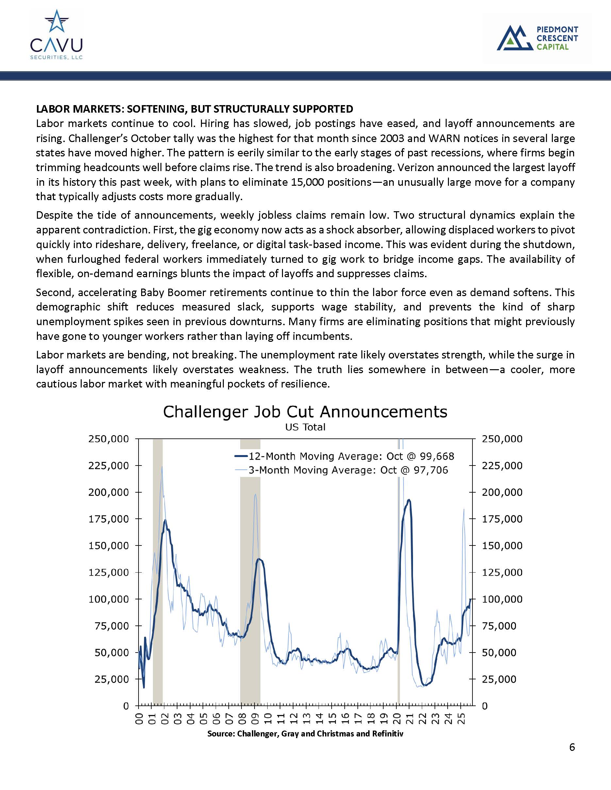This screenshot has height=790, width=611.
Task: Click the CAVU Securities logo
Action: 57,35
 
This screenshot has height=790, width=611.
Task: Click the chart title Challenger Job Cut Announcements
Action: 305,412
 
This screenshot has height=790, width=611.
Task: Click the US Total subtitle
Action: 305,427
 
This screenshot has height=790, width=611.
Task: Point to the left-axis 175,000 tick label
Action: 108,519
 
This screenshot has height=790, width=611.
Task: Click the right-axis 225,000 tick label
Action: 502,466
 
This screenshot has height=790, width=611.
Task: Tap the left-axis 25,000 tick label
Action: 111,679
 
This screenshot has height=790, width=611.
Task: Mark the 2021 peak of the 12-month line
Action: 409,500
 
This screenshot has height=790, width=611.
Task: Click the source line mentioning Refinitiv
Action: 305,734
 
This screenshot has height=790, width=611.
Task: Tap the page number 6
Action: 571,747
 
